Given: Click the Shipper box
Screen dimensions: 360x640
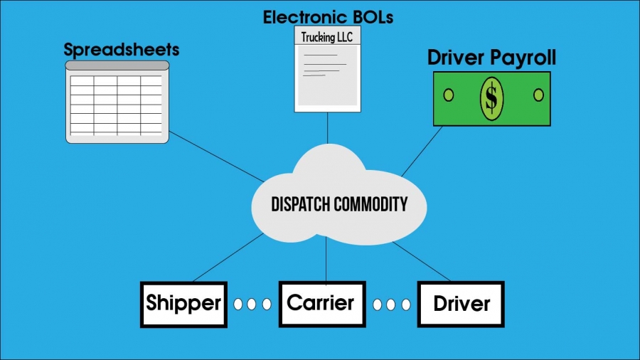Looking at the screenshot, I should [x=183, y=304].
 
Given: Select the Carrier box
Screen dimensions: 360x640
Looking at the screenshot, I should [x=320, y=303].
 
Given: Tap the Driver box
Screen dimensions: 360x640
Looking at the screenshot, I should [x=461, y=305].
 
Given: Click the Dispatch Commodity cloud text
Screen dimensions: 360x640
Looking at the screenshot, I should [x=339, y=205].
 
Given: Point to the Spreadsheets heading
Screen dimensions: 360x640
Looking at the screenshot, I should [x=122, y=50].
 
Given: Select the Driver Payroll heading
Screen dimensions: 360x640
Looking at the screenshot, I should [x=491, y=58].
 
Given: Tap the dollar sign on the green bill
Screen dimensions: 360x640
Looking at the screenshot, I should [x=491, y=98].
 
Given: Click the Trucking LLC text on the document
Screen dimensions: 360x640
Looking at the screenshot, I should [x=327, y=37].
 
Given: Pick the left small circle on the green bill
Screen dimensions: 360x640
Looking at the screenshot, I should [x=448, y=95].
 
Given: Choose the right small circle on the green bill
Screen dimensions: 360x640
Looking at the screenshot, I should [x=538, y=95].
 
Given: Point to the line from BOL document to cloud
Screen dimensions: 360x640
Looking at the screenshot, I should [x=327, y=128].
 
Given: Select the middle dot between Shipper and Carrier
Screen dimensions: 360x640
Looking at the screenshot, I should [x=252, y=304].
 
